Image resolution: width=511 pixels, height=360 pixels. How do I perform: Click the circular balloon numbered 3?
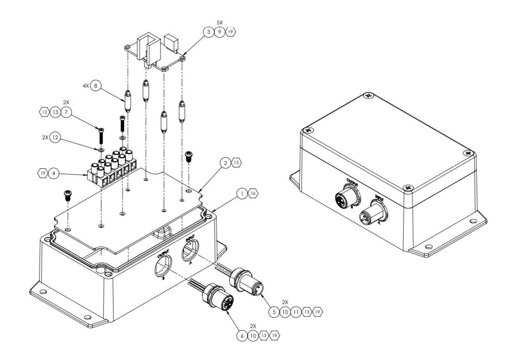pyautogui.click(x=208, y=32)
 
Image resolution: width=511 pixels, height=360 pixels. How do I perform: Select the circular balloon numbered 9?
pyautogui.click(x=220, y=32)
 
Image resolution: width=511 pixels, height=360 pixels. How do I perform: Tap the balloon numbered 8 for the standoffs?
pyautogui.click(x=96, y=86)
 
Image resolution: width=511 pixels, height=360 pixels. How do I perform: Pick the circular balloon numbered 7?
pyautogui.click(x=66, y=112)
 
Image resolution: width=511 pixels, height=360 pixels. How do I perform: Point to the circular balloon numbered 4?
pyautogui.click(x=54, y=174)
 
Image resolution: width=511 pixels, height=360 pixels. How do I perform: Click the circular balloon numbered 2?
pyautogui.click(x=225, y=163)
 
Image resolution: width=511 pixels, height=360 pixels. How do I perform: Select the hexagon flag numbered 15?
pyautogui.click(x=237, y=163)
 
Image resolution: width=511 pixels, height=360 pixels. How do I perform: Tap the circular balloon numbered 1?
pyautogui.click(x=242, y=194)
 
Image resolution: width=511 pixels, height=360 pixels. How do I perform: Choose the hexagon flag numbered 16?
pyautogui.click(x=253, y=194)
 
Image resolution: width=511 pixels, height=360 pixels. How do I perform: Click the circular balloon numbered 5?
pyautogui.click(x=274, y=312)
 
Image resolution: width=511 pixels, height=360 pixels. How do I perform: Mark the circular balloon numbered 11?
pyautogui.click(x=296, y=312)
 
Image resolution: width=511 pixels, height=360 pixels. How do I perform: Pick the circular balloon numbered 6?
pyautogui.click(x=242, y=336)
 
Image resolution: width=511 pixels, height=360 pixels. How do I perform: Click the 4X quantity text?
pyautogui.click(x=85, y=86)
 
